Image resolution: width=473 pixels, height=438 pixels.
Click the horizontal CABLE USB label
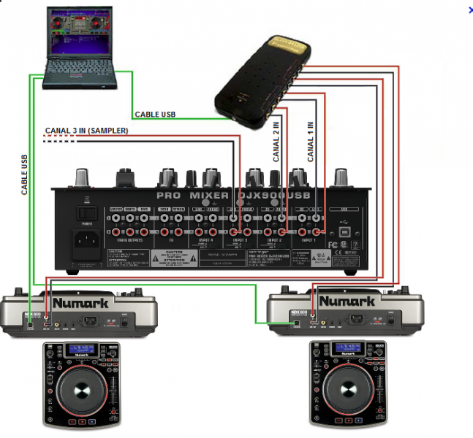pos(155,115)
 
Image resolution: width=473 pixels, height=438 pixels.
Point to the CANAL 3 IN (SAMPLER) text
pos(86,131)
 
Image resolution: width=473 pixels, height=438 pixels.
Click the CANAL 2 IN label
pos(277,142)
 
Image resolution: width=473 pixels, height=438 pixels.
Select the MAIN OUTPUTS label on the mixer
pos(125,239)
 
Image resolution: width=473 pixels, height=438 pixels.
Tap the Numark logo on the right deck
pos(346,300)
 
